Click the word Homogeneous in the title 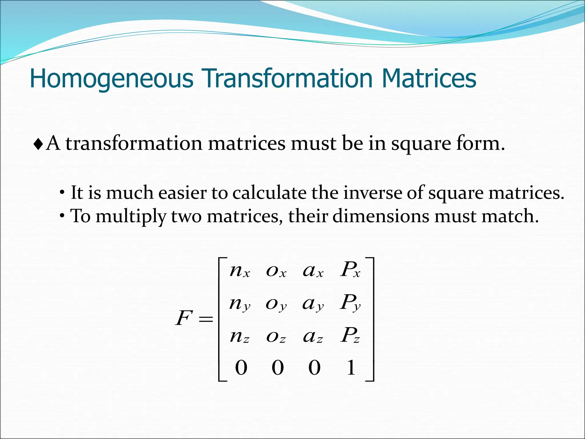112,78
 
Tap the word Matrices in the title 429,78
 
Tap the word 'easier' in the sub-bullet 182,193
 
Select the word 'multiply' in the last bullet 131,216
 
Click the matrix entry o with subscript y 276,304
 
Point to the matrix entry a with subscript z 313,336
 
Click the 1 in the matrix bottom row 351,368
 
